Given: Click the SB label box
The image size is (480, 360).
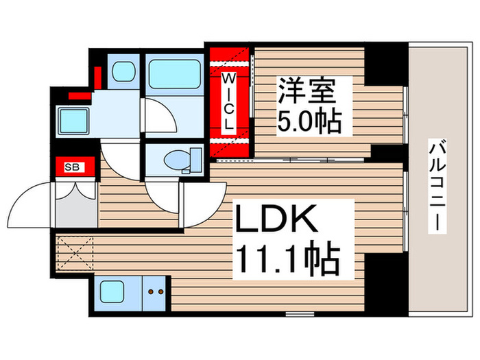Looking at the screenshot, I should click(71, 166).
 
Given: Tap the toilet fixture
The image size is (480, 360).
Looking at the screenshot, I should click(179, 160).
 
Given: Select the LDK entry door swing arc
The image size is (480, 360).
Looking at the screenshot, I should click(199, 206).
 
